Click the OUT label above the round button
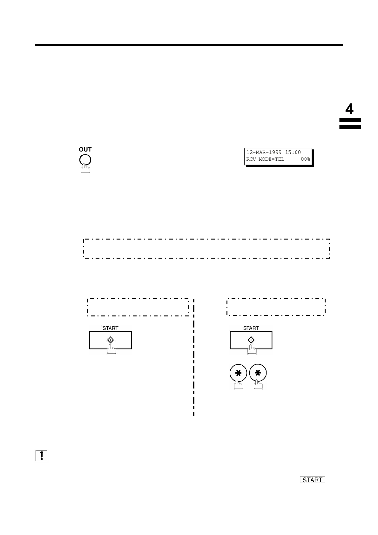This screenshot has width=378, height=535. pyautogui.click(x=85, y=149)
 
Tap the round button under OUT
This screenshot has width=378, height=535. pyautogui.click(x=85, y=159)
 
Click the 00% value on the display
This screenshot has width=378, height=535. pyautogui.click(x=306, y=159)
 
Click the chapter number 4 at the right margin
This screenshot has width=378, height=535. pyautogui.click(x=349, y=109)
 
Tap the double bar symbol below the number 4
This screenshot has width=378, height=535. pyautogui.click(x=350, y=124)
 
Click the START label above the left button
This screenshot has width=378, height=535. pyautogui.click(x=110, y=328)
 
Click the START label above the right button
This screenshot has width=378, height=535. pyautogui.click(x=251, y=328)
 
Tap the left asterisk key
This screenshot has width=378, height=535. pyautogui.click(x=238, y=373)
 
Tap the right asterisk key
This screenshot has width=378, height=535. pyautogui.click(x=258, y=373)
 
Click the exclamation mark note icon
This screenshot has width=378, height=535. pyautogui.click(x=41, y=456)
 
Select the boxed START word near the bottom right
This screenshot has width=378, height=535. pyautogui.click(x=312, y=480)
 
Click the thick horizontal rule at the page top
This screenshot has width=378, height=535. pyautogui.click(x=189, y=45)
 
